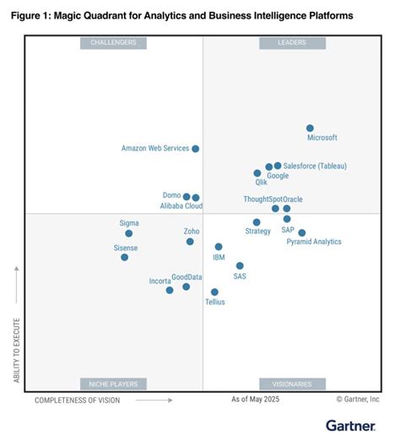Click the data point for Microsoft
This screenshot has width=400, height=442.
310,128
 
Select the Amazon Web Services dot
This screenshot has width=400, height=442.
195,149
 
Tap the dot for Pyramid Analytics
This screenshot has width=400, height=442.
301,232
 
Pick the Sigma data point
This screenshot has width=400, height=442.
128,233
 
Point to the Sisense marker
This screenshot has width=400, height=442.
124,257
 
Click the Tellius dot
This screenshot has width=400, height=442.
214,292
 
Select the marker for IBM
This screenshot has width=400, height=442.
219,247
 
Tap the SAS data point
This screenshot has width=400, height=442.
240,265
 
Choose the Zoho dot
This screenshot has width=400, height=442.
190,242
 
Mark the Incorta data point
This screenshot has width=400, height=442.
170,290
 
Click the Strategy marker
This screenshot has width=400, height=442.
257,222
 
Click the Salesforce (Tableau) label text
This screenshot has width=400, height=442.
315,166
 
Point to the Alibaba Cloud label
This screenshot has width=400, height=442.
181,205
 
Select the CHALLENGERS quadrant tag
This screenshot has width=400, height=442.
113,43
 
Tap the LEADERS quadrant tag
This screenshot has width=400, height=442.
292,43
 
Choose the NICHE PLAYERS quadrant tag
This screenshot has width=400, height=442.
113,384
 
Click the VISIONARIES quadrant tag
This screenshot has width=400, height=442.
292,384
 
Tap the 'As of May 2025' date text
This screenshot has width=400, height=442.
255,399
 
